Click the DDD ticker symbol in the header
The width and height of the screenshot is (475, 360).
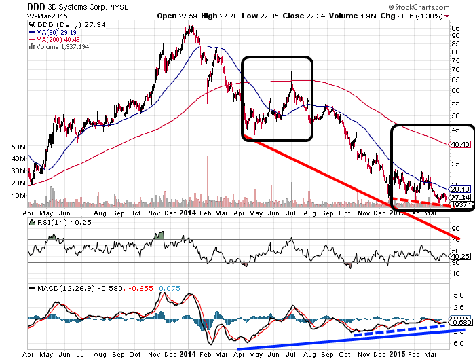[36, 5]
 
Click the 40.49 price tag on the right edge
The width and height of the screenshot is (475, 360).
[460, 144]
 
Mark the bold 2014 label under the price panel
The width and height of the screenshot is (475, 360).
[189, 212]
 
